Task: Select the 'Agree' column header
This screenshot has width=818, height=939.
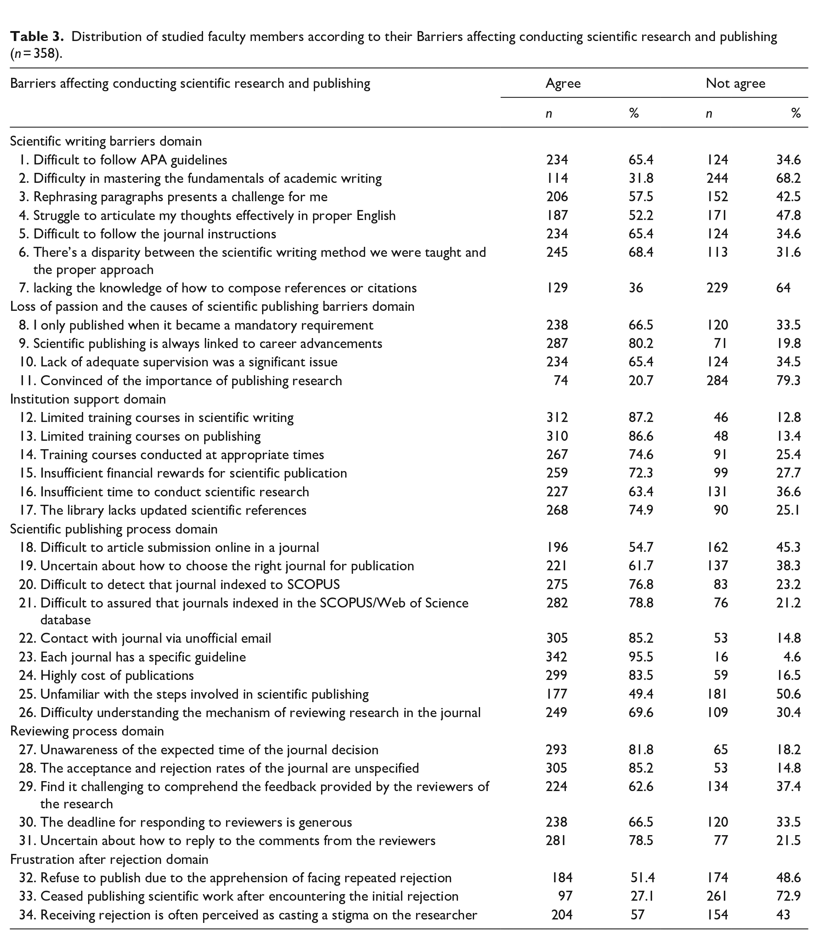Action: [563, 83]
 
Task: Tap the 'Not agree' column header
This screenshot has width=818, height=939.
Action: [735, 83]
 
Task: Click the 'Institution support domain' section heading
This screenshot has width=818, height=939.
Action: [88, 399]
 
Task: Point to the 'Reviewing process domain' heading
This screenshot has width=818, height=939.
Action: [87, 731]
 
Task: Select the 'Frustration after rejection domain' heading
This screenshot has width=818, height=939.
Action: [109, 860]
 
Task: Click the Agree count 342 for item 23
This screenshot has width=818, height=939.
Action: [556, 657]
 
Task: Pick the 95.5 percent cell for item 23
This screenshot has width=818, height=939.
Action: [641, 657]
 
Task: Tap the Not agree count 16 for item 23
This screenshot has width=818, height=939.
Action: [721, 657]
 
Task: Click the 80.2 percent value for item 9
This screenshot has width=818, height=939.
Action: [641, 343]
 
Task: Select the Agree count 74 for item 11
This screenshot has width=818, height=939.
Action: [561, 381]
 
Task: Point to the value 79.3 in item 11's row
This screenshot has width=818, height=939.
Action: [788, 381]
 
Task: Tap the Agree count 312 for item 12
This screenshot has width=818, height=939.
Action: [557, 417]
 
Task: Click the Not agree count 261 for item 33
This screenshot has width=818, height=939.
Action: [717, 896]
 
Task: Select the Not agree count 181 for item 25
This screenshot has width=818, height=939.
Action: [717, 694]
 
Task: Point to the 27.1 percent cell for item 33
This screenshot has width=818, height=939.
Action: [642, 896]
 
